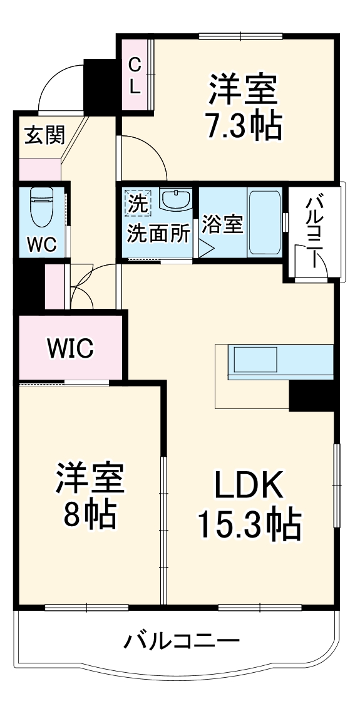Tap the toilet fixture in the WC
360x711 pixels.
(43, 207)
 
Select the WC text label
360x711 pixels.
(42, 244)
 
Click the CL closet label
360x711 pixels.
(135, 75)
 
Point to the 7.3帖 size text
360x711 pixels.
(243, 126)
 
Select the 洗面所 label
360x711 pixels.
(158, 233)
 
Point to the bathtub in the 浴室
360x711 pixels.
(265, 220)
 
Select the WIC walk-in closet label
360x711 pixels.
(71, 348)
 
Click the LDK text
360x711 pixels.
(250, 485)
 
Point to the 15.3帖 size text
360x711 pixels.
(249, 524)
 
